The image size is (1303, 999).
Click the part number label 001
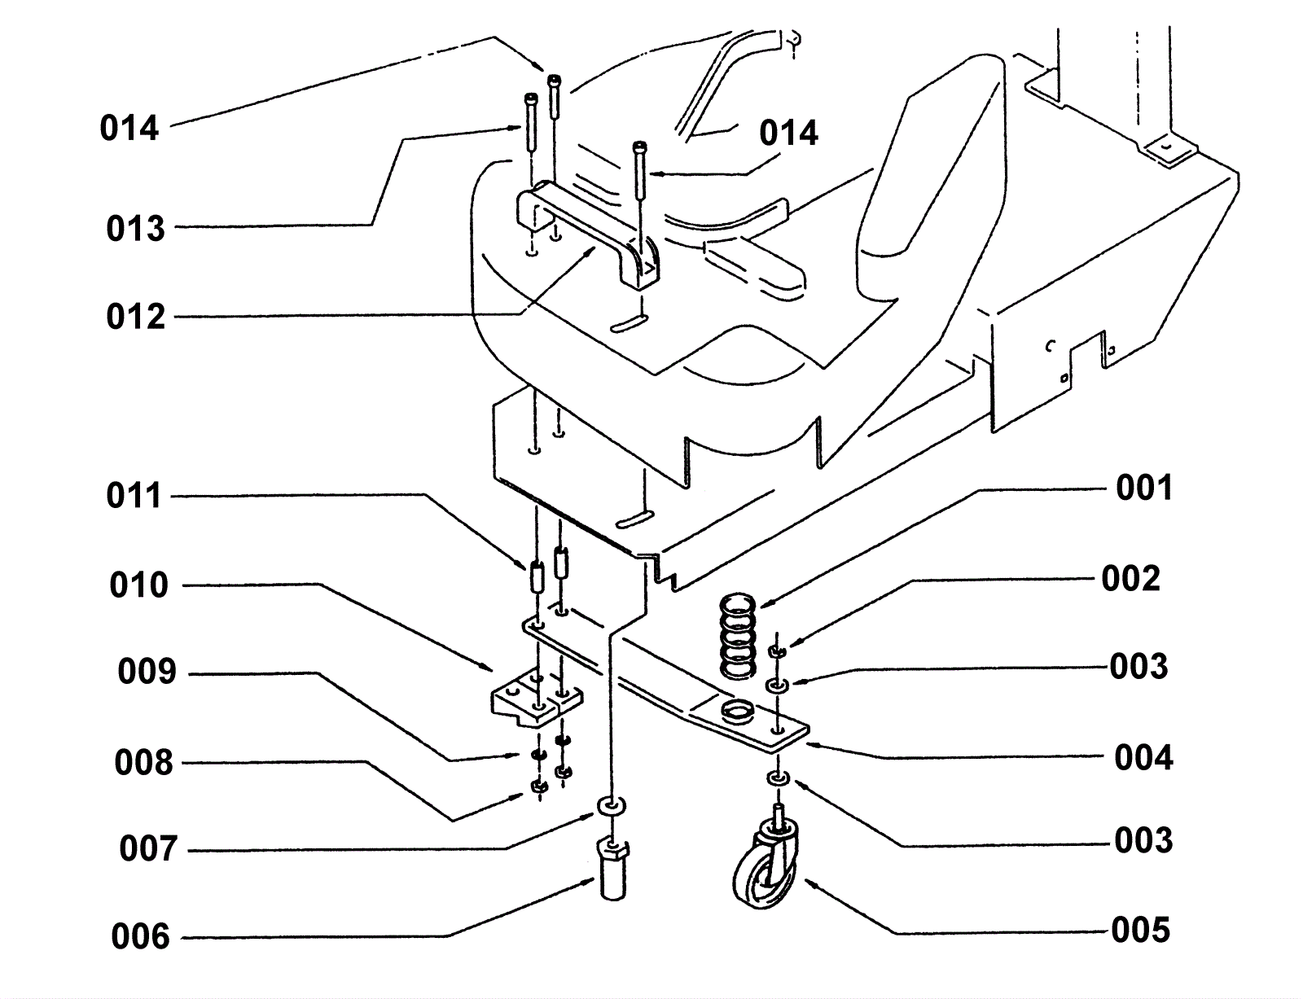click(x=1143, y=489)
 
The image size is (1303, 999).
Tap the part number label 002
click(x=1130, y=579)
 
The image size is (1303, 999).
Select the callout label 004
click(x=1143, y=757)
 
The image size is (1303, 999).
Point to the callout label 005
click(x=1140, y=930)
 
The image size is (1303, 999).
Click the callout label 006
click(x=140, y=936)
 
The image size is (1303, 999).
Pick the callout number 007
click(x=148, y=848)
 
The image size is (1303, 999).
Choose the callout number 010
click(x=138, y=585)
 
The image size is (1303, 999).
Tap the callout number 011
click(x=134, y=496)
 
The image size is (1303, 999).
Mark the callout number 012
click(x=135, y=317)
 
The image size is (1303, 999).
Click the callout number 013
click(x=135, y=228)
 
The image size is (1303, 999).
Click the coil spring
click(x=737, y=637)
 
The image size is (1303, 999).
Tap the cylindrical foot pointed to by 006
click(x=612, y=870)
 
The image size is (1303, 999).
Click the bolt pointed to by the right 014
click(x=640, y=171)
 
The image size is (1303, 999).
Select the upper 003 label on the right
click(x=1138, y=666)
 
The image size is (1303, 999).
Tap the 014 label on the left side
click(x=129, y=129)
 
